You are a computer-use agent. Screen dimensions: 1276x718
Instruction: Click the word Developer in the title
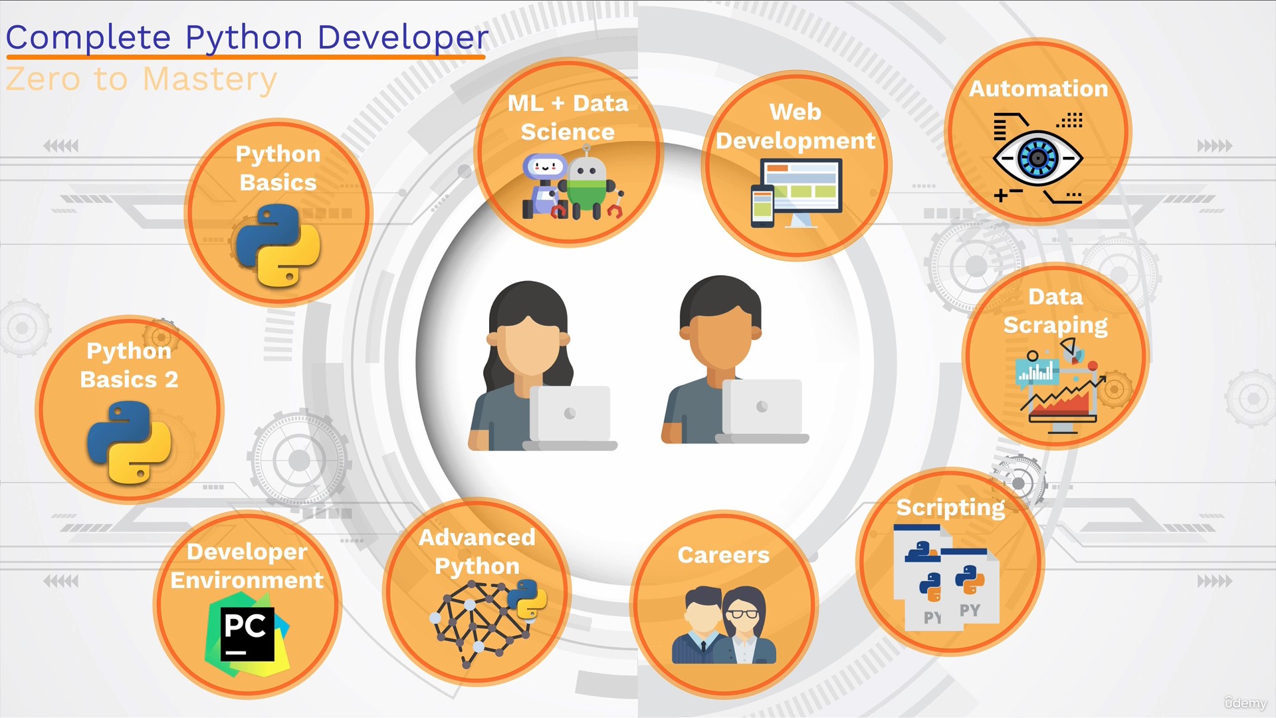click(x=403, y=37)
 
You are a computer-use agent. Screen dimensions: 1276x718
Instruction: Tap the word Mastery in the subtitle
click(x=209, y=80)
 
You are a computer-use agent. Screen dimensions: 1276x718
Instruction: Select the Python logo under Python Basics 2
click(x=129, y=442)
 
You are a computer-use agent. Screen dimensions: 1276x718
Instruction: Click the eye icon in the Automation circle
click(x=1037, y=158)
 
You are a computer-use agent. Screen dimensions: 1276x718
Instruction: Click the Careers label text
click(x=723, y=555)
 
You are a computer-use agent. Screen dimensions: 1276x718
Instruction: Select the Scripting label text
click(x=950, y=508)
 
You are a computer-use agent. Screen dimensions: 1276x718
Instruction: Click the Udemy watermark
click(x=1245, y=703)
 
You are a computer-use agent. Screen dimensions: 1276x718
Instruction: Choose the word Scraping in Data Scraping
click(x=1055, y=326)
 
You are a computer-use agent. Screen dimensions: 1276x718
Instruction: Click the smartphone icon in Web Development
click(x=762, y=205)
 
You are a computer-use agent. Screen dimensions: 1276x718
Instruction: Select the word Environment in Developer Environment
click(x=247, y=580)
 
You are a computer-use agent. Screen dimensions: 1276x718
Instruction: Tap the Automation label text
click(x=1038, y=88)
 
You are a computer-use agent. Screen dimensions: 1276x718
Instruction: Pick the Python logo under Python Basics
click(x=278, y=245)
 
